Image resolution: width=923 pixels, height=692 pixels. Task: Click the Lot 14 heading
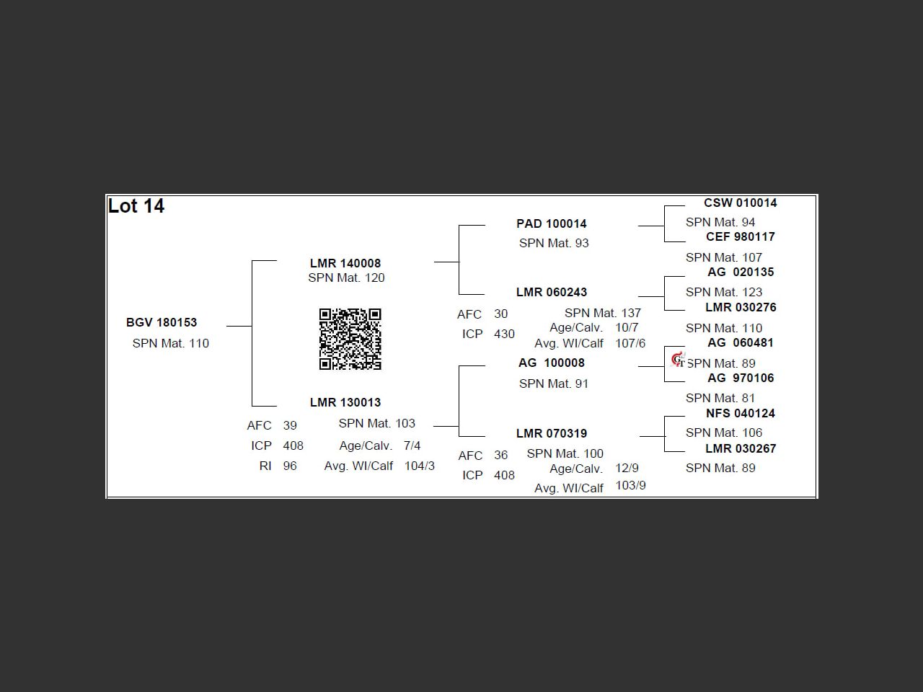click(x=136, y=206)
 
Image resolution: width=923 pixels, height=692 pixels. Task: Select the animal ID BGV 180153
click(x=162, y=322)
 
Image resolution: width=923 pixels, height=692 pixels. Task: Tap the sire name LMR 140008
click(x=345, y=263)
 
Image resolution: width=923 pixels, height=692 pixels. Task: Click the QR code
click(x=350, y=339)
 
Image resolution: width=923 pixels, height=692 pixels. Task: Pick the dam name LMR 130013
click(x=345, y=402)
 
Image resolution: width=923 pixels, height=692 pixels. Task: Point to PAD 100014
click(x=552, y=223)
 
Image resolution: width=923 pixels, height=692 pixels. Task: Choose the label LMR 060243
click(x=552, y=292)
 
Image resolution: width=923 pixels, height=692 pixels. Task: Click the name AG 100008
click(x=552, y=363)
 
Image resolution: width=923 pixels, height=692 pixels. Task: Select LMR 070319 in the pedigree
click(x=552, y=433)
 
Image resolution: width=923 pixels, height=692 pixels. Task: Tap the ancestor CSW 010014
click(x=741, y=203)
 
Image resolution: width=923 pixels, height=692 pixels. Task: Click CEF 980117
click(x=741, y=236)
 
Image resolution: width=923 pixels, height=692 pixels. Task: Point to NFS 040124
click(x=741, y=413)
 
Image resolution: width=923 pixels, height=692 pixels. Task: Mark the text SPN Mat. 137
click(x=603, y=313)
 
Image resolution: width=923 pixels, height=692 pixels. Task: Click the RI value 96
click(x=290, y=466)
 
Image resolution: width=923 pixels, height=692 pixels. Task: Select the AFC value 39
click(x=290, y=425)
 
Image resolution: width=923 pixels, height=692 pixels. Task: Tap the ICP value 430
click(x=504, y=334)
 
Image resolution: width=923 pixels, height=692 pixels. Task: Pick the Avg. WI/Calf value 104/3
click(x=420, y=466)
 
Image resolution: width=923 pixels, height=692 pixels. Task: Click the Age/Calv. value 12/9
click(x=627, y=468)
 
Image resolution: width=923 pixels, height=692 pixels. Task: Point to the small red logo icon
click(x=678, y=359)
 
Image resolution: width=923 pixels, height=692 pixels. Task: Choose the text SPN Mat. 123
click(x=724, y=292)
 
